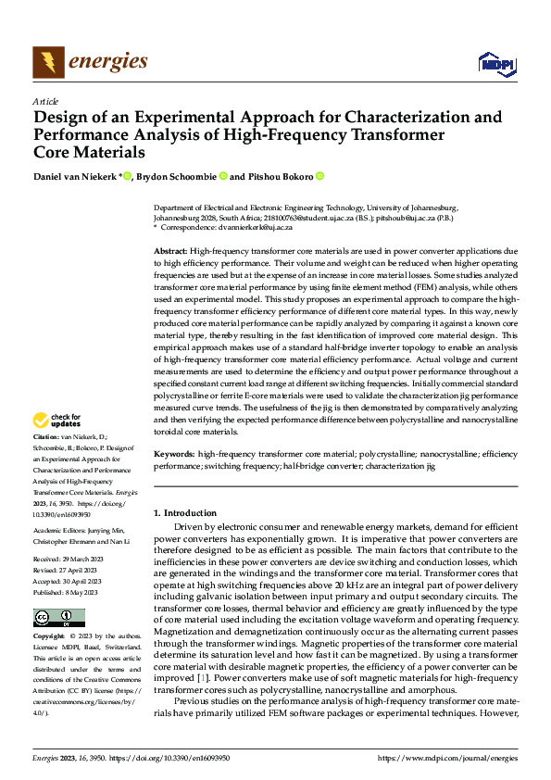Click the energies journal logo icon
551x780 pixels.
[x=47, y=62]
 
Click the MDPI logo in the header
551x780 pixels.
[x=495, y=63]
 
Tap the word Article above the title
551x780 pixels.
[x=45, y=101]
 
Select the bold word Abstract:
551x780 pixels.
[x=169, y=252]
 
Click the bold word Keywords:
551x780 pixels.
[x=173, y=455]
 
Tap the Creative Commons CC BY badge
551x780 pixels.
[x=58, y=617]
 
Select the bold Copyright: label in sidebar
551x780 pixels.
[x=49, y=637]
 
